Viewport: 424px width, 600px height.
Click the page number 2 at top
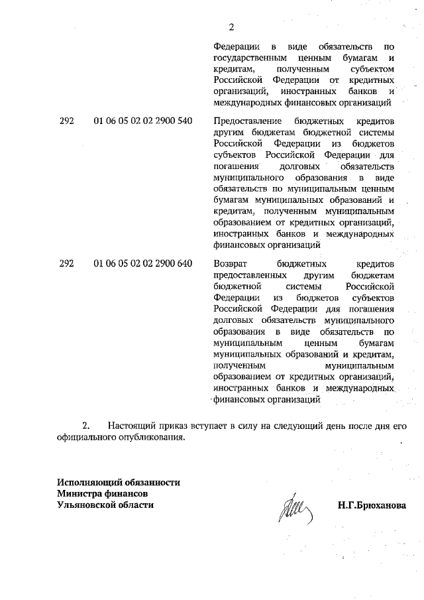click(x=231, y=27)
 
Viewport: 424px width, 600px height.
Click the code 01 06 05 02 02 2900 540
click(x=143, y=121)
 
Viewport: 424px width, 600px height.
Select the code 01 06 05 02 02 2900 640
click(x=143, y=263)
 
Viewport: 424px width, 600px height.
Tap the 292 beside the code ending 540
click(x=66, y=121)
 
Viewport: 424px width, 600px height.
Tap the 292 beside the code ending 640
click(x=66, y=263)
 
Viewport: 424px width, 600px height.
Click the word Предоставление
click(x=246, y=121)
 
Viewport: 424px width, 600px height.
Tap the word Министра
click(x=79, y=493)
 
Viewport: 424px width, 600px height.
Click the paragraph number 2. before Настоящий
click(x=85, y=424)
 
